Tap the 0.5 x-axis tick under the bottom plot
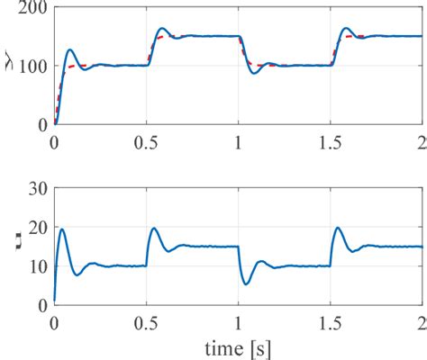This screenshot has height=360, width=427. [147, 321]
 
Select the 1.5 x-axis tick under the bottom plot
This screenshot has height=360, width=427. [331, 321]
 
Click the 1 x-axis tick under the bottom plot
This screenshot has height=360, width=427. [239, 321]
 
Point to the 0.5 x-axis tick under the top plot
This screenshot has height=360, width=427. [147, 141]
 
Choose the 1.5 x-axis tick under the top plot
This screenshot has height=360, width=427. [331, 141]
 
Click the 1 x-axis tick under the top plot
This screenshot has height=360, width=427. [239, 141]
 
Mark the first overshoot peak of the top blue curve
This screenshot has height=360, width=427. [70, 50]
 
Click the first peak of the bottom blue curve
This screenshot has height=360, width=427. [62, 229]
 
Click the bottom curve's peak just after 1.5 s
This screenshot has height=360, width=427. [338, 228]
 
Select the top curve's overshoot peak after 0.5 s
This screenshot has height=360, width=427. [162, 29]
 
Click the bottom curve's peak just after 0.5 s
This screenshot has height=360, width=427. [154, 229]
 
